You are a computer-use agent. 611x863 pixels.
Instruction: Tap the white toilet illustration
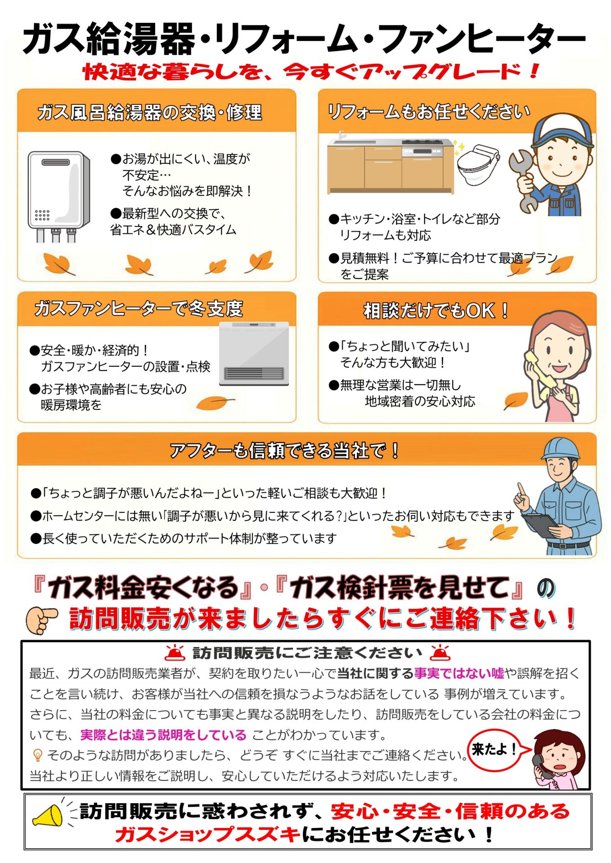(477, 164)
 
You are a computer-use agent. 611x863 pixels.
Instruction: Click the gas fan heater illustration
(254, 353)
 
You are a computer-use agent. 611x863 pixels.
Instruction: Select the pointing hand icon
(42, 619)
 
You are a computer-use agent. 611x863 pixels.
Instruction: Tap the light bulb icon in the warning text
(38, 755)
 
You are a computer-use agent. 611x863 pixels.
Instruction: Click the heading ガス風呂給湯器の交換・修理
(149, 112)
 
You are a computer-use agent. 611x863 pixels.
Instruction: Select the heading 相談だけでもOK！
(436, 311)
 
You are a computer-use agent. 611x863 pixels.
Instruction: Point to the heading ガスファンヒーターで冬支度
(139, 308)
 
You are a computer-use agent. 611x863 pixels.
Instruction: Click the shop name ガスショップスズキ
(208, 835)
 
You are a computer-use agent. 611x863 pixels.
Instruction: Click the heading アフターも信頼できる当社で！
(284, 450)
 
